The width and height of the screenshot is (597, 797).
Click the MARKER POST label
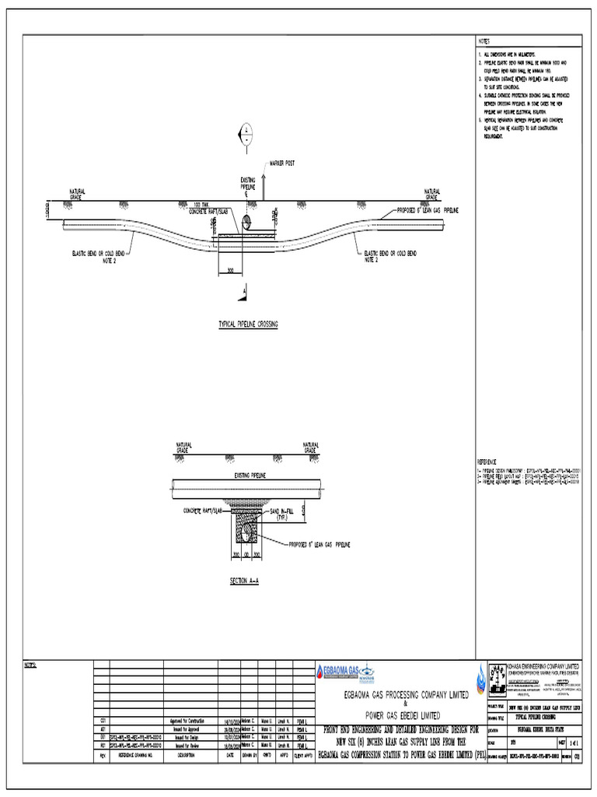(x=282, y=163)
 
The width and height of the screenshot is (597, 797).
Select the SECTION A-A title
(x=244, y=581)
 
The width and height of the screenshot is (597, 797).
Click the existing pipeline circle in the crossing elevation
(x=246, y=223)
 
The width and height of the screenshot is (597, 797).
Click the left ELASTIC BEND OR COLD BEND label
(x=99, y=255)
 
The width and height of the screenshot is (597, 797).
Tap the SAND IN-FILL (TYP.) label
(x=285, y=513)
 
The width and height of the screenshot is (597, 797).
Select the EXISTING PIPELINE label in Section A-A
(x=250, y=474)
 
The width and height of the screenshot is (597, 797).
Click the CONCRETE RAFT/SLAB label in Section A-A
(x=202, y=511)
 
